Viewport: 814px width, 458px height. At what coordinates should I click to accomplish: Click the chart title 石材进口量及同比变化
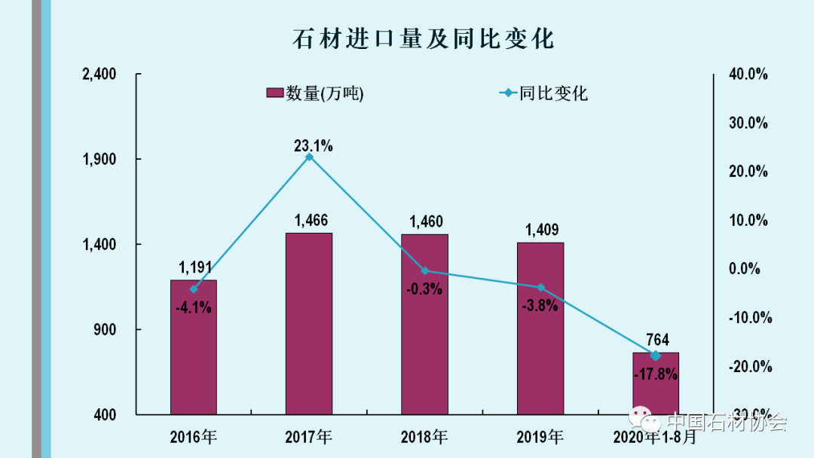coord(423,38)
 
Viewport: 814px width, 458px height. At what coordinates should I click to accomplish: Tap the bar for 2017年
coord(308,324)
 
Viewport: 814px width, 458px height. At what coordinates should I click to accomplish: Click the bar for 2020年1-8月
coord(655,388)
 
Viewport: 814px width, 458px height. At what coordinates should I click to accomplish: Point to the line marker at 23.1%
coord(309,157)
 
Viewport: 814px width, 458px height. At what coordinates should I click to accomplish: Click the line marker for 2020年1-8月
coord(655,356)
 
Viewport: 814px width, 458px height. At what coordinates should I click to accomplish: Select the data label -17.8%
coord(655,374)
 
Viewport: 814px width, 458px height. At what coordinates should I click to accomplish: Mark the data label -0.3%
coord(424,289)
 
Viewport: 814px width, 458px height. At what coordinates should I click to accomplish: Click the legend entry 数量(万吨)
coord(315,93)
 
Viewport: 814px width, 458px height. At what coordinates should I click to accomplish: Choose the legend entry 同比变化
coord(543,93)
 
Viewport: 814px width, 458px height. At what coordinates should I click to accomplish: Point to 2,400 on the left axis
coord(99,74)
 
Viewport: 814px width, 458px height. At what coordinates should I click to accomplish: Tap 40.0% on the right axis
coord(748,74)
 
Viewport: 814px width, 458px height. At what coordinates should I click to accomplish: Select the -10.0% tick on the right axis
coord(749,317)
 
